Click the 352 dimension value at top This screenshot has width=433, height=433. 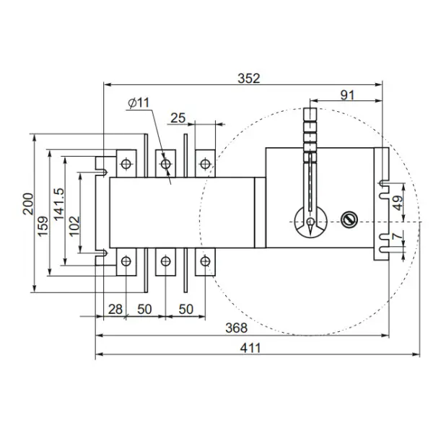click(x=249, y=78)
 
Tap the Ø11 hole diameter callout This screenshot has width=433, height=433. click(x=138, y=103)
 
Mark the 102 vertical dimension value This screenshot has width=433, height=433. click(x=74, y=230)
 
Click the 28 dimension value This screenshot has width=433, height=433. click(x=114, y=308)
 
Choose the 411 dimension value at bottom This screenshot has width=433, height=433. click(x=250, y=347)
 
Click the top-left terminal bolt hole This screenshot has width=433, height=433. click(x=126, y=164)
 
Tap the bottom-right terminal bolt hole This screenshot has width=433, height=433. click(x=206, y=261)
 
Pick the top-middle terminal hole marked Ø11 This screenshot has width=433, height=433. click(x=166, y=164)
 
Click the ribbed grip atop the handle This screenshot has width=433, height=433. click(x=310, y=130)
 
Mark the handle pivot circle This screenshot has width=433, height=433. click(x=310, y=220)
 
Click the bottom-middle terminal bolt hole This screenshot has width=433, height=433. click(x=166, y=261)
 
